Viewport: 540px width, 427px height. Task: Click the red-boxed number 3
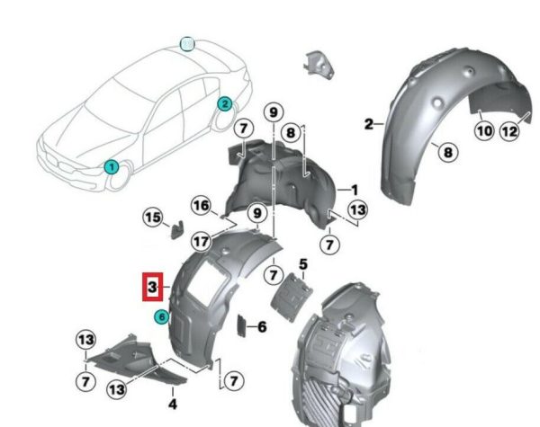pyautogui.click(x=153, y=287)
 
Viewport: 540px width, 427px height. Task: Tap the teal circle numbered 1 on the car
pyautogui.click(x=112, y=167)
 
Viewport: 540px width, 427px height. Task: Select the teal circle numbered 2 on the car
pyautogui.click(x=224, y=104)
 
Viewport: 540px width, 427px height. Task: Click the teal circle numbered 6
pyautogui.click(x=161, y=316)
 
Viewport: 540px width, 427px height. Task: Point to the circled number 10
pyautogui.click(x=484, y=131)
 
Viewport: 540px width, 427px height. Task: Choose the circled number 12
pyautogui.click(x=509, y=131)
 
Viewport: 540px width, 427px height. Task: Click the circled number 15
pyautogui.click(x=153, y=218)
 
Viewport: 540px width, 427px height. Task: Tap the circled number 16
pyautogui.click(x=201, y=206)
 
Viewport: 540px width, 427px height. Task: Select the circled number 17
pyautogui.click(x=201, y=242)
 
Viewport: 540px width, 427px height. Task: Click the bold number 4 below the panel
pyautogui.click(x=173, y=404)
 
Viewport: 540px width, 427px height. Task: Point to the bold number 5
pyautogui.click(x=303, y=264)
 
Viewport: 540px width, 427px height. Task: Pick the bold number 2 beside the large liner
pyautogui.click(x=368, y=124)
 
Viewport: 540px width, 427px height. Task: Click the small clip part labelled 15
pyautogui.click(x=177, y=229)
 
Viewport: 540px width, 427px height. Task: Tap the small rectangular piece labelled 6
pyautogui.click(x=241, y=325)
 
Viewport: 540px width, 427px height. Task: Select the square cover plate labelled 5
pyautogui.click(x=291, y=297)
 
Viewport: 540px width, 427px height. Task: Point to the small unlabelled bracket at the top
pyautogui.click(x=319, y=65)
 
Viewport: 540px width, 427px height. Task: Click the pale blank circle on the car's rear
pyautogui.click(x=187, y=44)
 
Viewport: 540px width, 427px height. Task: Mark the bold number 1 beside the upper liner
pyautogui.click(x=354, y=190)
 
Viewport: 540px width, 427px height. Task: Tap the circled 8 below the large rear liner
pyautogui.click(x=447, y=152)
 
